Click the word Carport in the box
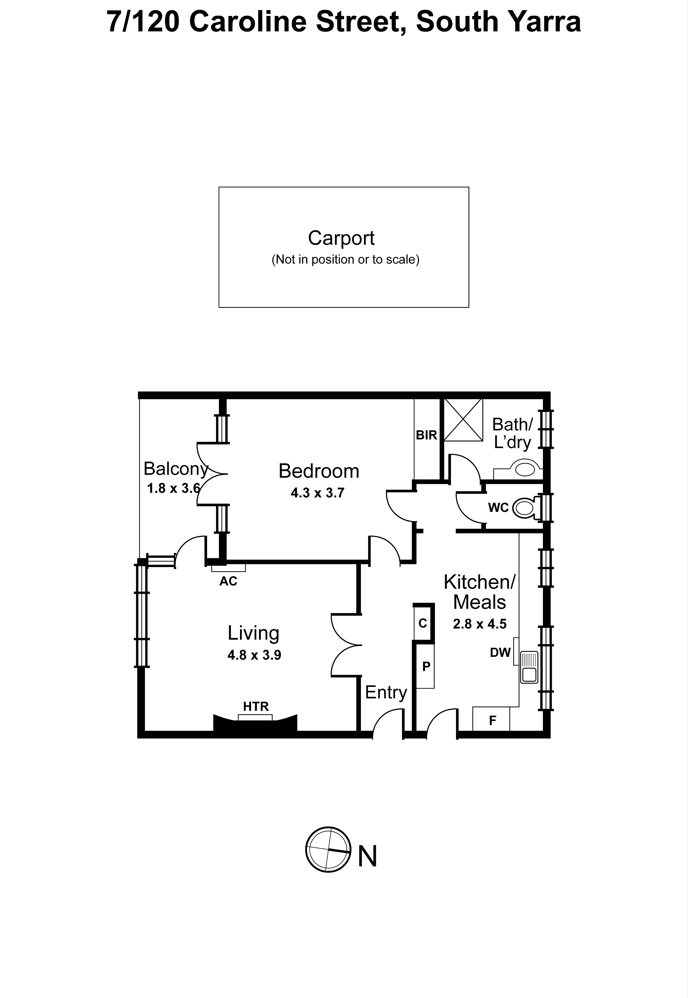[x=341, y=238]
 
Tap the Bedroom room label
[x=319, y=471]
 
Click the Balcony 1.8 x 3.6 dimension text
[x=173, y=488]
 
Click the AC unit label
[x=228, y=581]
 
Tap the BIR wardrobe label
[x=426, y=435]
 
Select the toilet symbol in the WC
[x=526, y=508]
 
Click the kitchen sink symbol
[x=529, y=667]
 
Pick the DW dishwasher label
[x=500, y=652]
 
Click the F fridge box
[x=492, y=720]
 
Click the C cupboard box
[x=422, y=623]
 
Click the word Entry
[x=386, y=693]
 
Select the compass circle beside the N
[x=328, y=849]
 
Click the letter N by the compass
[x=367, y=856]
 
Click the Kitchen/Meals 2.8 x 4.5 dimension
[x=479, y=624]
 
